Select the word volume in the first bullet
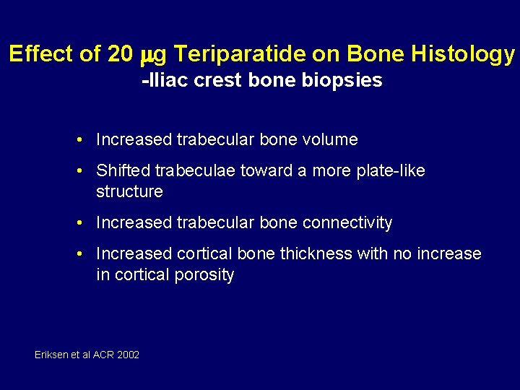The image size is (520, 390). point(331,139)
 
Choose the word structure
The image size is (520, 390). point(129,191)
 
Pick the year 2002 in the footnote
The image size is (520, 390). point(128,355)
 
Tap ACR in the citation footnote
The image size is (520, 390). point(103,355)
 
